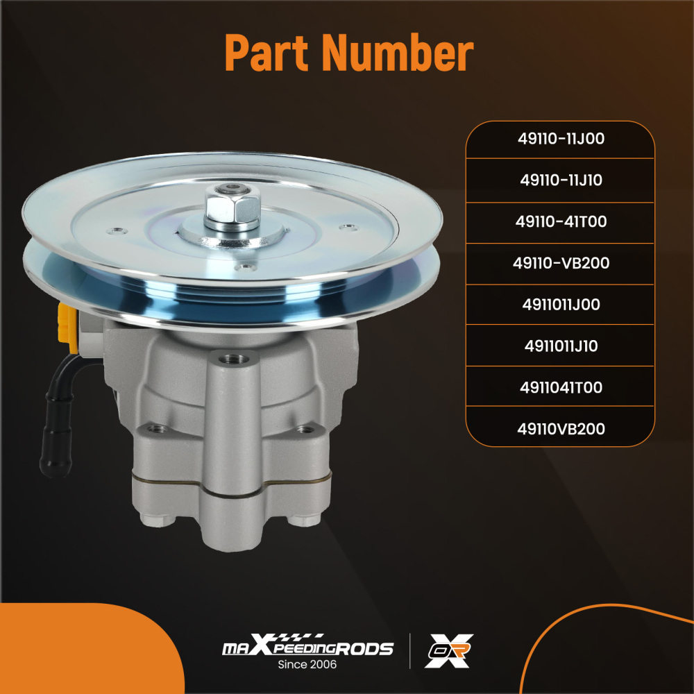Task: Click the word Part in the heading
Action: point(268,53)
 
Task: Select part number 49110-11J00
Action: point(561,139)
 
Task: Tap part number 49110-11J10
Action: point(561,180)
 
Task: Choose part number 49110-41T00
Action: point(561,222)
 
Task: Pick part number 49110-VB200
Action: point(561,264)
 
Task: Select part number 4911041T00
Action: point(561,387)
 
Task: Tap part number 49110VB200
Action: point(561,429)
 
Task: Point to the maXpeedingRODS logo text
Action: point(307,649)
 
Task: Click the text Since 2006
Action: point(307,665)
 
